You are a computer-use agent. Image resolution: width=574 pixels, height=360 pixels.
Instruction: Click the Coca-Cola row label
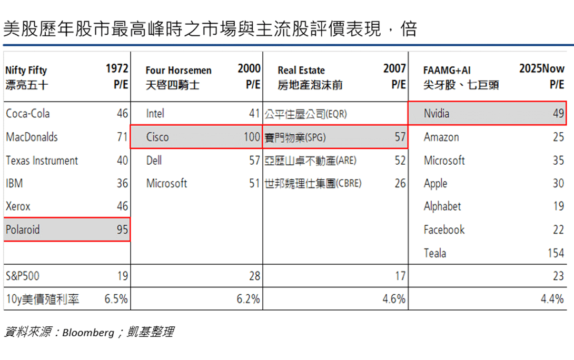[x=28, y=113]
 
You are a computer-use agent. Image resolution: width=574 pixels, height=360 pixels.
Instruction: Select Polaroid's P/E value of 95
[x=122, y=229]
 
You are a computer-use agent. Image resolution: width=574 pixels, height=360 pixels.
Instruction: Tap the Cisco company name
[x=157, y=137]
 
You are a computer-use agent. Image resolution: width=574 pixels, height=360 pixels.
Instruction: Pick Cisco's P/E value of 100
[x=252, y=137]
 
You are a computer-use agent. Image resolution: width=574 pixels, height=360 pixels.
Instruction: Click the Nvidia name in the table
[x=437, y=113]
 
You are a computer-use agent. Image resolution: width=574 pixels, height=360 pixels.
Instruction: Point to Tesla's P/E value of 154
[x=556, y=253]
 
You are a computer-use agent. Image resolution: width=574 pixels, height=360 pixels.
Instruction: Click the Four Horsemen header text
[x=179, y=70]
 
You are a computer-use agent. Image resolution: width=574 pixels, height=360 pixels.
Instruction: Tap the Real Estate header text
[x=301, y=70]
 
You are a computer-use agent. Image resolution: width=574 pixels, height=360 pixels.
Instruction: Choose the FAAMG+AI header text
[x=447, y=70]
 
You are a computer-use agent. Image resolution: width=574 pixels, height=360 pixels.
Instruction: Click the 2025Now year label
[x=542, y=68]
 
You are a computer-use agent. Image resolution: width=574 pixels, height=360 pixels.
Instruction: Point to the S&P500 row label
[x=23, y=276]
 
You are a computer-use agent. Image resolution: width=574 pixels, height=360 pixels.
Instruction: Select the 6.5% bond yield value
[x=116, y=299]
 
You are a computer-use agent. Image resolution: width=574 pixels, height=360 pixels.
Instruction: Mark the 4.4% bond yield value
[x=552, y=299]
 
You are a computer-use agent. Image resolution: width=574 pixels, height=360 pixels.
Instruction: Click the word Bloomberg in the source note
[x=88, y=332]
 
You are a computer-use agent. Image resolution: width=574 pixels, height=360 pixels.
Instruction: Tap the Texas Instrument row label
[x=42, y=160]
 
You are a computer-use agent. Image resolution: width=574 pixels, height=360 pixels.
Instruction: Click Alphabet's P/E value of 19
[x=558, y=206]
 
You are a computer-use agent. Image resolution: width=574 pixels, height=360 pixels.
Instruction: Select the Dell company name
[x=154, y=160]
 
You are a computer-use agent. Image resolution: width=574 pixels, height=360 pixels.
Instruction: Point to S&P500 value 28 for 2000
[x=254, y=276]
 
